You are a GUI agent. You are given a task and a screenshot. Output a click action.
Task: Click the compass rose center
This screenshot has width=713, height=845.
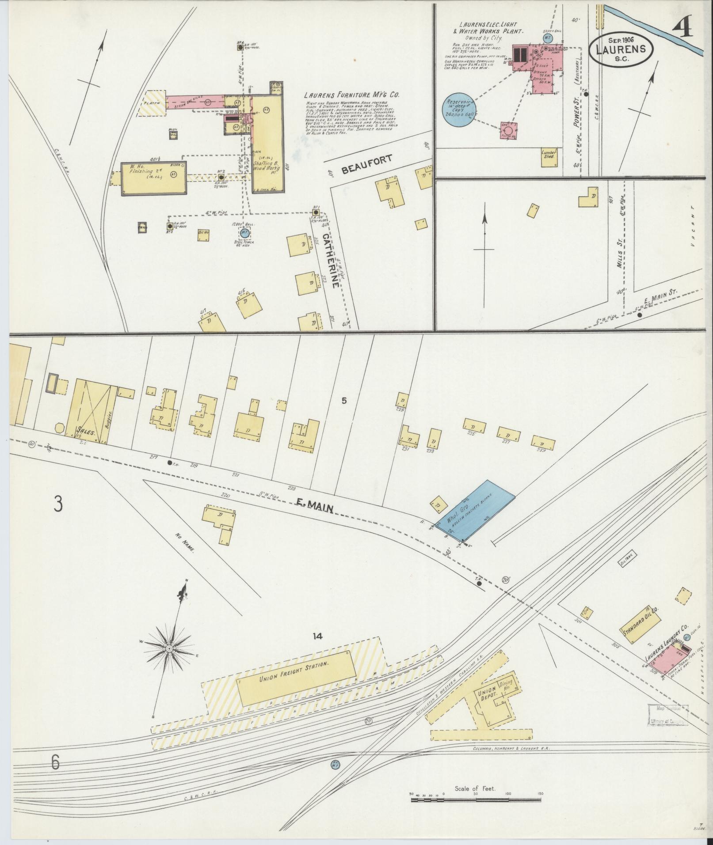click(169, 648)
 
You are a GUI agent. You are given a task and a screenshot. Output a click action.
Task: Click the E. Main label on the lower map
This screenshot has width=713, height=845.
click(315, 507)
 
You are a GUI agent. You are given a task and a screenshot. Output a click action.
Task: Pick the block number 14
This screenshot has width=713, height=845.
click(317, 637)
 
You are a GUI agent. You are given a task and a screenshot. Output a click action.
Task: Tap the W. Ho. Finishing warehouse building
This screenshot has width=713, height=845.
click(154, 178)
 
